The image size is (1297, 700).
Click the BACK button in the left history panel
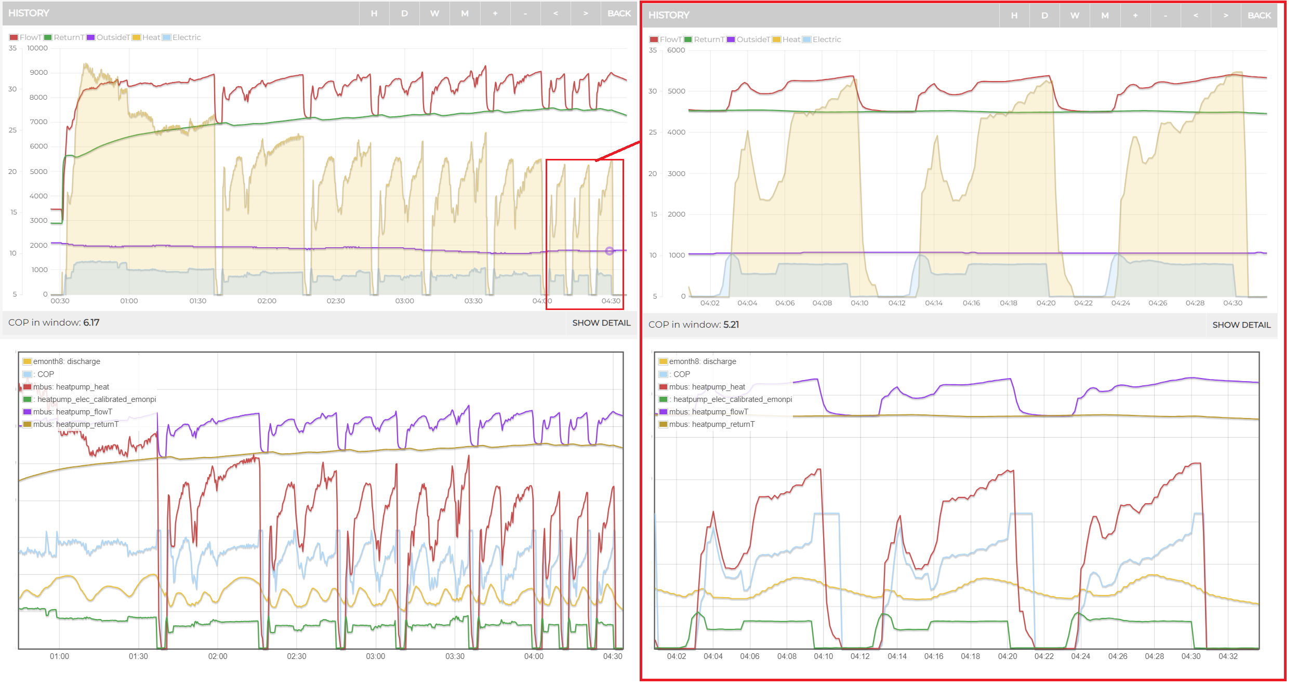[619, 14]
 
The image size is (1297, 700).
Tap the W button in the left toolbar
[434, 14]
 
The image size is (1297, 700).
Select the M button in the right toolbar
[1105, 16]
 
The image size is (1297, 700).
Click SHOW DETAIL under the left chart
[601, 323]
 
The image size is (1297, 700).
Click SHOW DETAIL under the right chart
[1241, 325]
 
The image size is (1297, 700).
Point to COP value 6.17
[91, 322]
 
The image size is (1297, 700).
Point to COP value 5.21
[731, 325]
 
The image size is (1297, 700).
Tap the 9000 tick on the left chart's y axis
[38, 73]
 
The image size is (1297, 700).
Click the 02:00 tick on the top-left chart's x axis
[267, 301]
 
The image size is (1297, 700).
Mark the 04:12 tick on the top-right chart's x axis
[897, 303]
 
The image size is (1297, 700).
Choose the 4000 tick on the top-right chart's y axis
[676, 132]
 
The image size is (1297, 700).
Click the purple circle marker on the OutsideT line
[610, 251]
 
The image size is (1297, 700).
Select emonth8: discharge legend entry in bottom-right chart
[697, 361]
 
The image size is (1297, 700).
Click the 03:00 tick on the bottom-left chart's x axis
[376, 656]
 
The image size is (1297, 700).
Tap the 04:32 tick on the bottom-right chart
[1228, 656]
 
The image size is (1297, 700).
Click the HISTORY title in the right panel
[669, 16]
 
